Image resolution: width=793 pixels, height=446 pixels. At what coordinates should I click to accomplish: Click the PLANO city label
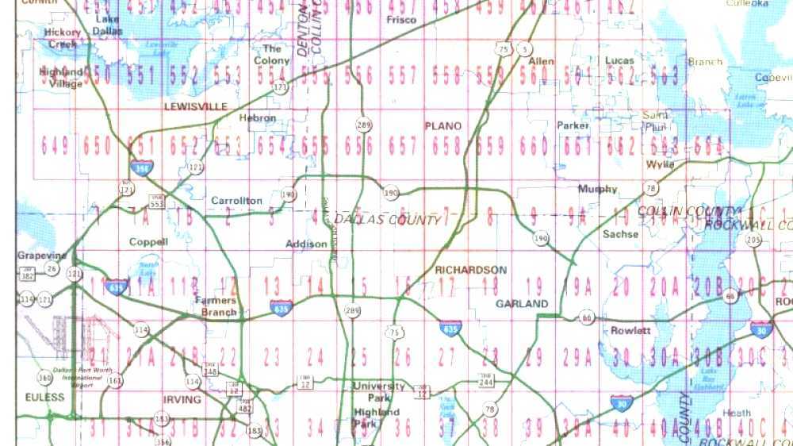coord(442,126)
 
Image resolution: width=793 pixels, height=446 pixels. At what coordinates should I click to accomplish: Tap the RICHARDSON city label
coord(470,271)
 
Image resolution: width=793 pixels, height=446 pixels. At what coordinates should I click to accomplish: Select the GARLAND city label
coord(522,304)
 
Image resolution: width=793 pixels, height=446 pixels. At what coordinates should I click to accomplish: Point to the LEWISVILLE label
coord(195,106)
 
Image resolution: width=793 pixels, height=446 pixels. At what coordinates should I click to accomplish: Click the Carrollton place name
coord(236,201)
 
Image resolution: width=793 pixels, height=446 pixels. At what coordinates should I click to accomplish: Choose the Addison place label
coord(306,244)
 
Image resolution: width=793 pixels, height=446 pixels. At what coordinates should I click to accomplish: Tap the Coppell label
coord(148,241)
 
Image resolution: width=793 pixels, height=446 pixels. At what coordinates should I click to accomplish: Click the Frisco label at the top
coord(400,20)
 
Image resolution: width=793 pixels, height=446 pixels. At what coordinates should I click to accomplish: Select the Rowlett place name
coord(630,330)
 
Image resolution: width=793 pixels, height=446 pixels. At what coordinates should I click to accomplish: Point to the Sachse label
coord(620,234)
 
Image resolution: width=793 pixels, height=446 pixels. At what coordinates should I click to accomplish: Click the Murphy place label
coord(597,189)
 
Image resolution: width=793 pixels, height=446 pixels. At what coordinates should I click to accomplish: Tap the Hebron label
coord(258,118)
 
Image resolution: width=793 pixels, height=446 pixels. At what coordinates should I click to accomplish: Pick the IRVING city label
coord(182,399)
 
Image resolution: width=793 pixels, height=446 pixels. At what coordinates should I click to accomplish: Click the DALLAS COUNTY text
coord(387,219)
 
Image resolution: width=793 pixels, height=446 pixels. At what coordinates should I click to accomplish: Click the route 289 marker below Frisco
coord(363,125)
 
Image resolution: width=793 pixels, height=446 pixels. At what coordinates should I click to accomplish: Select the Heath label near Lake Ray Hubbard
coord(737,413)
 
